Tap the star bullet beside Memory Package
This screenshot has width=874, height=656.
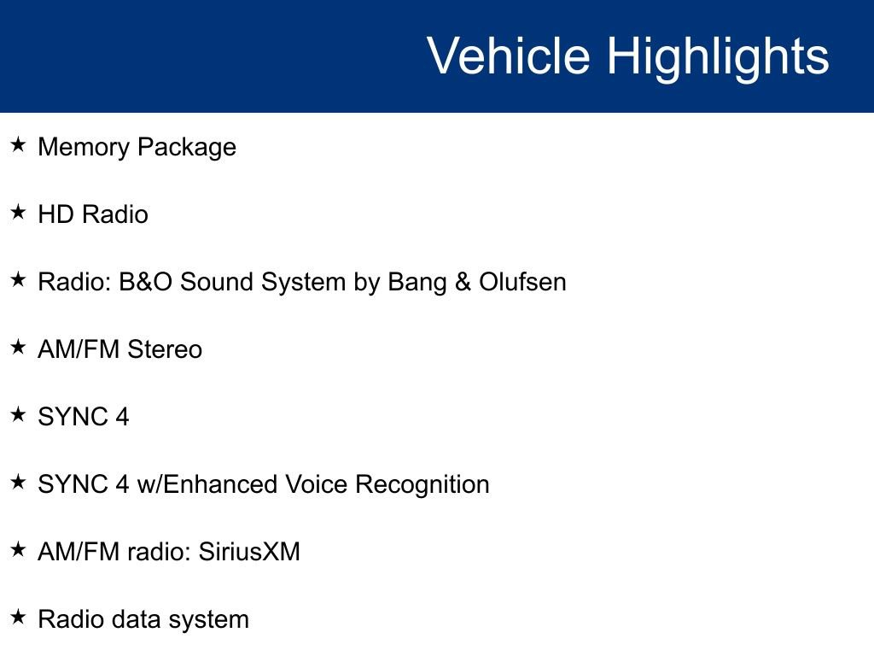pyautogui.click(x=18, y=145)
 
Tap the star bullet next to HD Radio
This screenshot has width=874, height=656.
pyautogui.click(x=18, y=213)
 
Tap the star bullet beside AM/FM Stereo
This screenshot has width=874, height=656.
pyautogui.click(x=18, y=348)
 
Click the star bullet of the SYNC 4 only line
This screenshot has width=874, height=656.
pyautogui.click(x=18, y=415)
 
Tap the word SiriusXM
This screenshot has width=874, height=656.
pyautogui.click(x=249, y=552)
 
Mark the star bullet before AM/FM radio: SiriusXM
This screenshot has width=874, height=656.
pyautogui.click(x=18, y=550)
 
